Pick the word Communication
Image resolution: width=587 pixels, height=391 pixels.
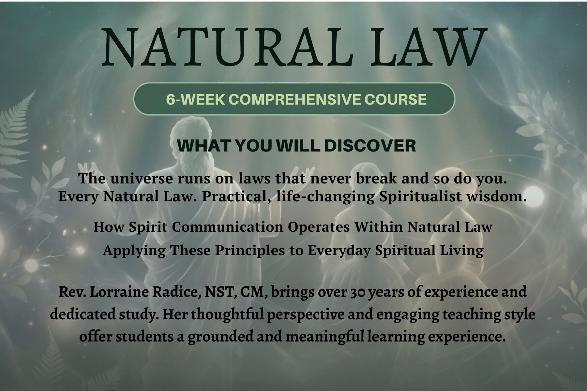(x=228, y=227)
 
